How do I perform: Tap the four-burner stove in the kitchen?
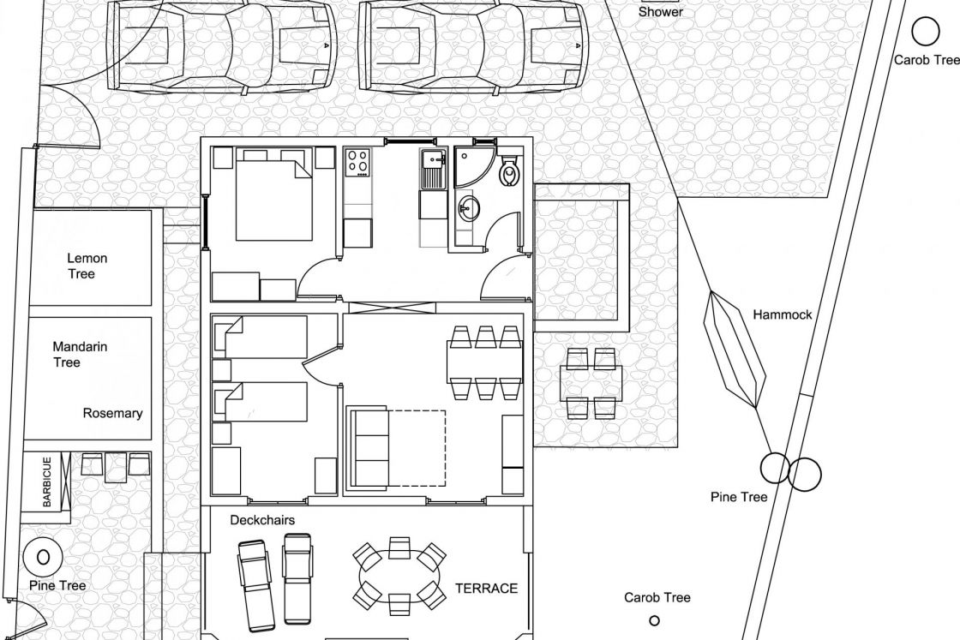coord(357,163)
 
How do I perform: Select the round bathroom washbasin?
coord(468,209)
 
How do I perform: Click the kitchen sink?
coord(434,169)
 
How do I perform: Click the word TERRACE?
coord(486,588)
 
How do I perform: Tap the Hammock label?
coord(782,314)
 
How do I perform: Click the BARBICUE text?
coord(47,481)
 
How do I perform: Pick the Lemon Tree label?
coord(87,266)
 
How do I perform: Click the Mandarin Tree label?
coord(79,354)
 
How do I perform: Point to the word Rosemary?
coord(112,413)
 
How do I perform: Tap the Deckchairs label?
coord(262,520)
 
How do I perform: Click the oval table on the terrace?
coord(399,576)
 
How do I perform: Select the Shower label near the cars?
coord(661,12)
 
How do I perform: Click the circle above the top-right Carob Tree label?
coord(925,31)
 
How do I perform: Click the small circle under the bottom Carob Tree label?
coord(654,621)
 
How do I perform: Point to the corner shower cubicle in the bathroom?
coord(473,165)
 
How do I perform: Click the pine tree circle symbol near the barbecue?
coord(43,558)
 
